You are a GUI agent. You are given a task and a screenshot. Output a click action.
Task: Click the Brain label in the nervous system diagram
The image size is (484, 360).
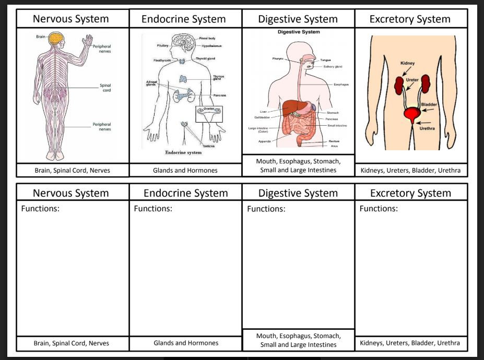(40, 37)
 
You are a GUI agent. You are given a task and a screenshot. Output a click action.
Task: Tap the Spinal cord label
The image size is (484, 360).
(105, 88)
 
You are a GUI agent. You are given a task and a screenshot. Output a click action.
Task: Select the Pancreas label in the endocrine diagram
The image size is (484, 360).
(219, 95)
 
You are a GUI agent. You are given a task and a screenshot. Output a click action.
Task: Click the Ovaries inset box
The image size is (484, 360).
(208, 113)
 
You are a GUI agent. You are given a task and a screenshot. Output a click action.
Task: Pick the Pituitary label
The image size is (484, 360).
(162, 46)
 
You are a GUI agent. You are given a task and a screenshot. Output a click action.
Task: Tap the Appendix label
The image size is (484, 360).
(264, 141)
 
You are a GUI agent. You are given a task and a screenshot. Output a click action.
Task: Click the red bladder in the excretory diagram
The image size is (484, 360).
(412, 113)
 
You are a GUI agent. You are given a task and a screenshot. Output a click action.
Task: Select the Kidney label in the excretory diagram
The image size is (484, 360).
(408, 63)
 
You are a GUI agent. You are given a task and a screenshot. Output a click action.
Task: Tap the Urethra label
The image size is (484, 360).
(427, 128)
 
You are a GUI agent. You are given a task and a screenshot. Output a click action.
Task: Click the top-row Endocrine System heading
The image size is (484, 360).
(184, 19)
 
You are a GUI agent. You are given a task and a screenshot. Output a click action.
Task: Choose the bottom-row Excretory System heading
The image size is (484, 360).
(410, 193)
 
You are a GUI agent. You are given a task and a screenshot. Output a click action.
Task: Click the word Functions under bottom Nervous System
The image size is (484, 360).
(40, 209)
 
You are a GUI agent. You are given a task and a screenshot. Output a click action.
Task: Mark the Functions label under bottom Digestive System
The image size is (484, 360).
(266, 209)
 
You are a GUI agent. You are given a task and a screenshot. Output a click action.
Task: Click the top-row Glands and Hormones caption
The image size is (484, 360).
(185, 170)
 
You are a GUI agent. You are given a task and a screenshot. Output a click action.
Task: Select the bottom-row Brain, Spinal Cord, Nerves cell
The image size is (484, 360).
(72, 343)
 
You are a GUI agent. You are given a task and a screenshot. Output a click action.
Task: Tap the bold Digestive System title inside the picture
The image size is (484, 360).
(299, 32)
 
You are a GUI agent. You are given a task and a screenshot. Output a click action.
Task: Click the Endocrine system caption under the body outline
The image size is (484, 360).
(183, 153)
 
